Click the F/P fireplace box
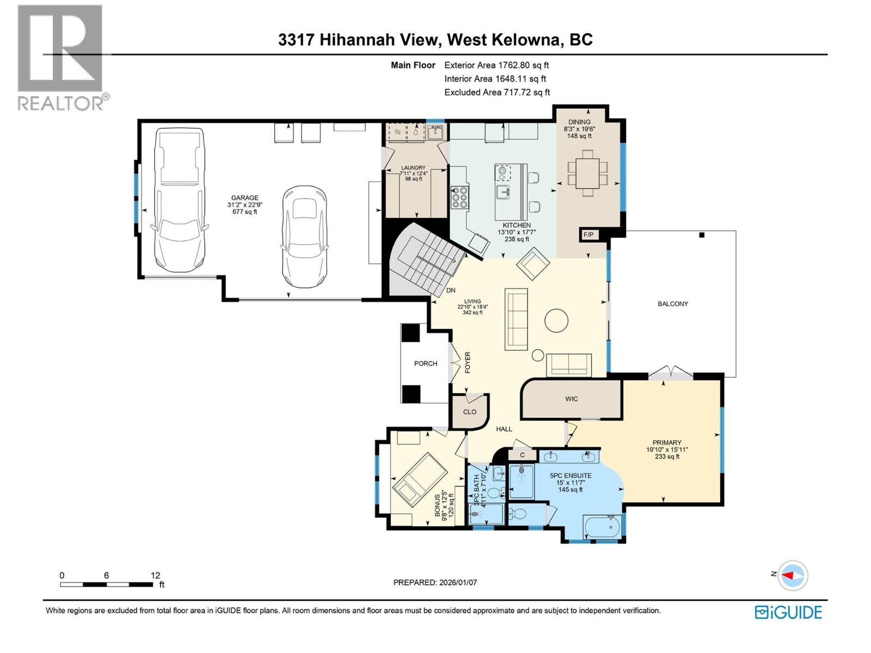[588, 235]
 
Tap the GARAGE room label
[244, 198]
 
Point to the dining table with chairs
[587, 173]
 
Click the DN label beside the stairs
[451, 291]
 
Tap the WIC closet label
[571, 399]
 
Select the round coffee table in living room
[556, 321]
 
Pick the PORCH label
[426, 364]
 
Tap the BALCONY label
[673, 304]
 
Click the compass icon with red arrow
[793, 575]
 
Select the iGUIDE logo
[788, 612]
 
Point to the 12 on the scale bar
[155, 575]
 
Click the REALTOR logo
[61, 57]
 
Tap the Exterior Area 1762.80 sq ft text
[496, 65]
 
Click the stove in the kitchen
[459, 198]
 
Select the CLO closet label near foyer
[469, 412]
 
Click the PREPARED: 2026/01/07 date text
[435, 582]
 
